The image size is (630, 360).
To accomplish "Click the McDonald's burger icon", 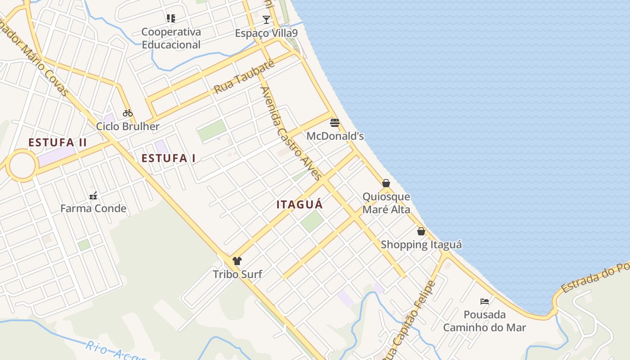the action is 335,122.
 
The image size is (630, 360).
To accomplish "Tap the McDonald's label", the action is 335,136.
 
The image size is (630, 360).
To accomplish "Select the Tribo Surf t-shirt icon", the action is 237,261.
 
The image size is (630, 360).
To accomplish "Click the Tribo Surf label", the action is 237,274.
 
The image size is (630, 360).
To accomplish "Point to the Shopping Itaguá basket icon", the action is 421,231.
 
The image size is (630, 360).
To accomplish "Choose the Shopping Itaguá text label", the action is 421,245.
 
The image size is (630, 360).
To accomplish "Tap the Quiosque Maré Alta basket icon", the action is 386,183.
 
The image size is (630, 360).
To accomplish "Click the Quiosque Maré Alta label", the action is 386,203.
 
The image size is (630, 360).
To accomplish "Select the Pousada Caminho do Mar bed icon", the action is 485,301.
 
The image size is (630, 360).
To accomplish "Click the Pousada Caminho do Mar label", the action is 485,321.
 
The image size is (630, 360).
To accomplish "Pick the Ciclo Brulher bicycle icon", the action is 128,113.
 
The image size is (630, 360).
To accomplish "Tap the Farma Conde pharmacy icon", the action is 93,195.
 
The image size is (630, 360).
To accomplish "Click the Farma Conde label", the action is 93,208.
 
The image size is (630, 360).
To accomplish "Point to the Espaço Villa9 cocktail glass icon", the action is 266,20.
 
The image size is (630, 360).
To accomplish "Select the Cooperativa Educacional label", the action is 171,38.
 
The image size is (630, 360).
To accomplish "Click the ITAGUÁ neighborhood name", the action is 300,205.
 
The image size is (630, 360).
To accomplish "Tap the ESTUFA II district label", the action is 58,143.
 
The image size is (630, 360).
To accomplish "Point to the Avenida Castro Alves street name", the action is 291,133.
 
